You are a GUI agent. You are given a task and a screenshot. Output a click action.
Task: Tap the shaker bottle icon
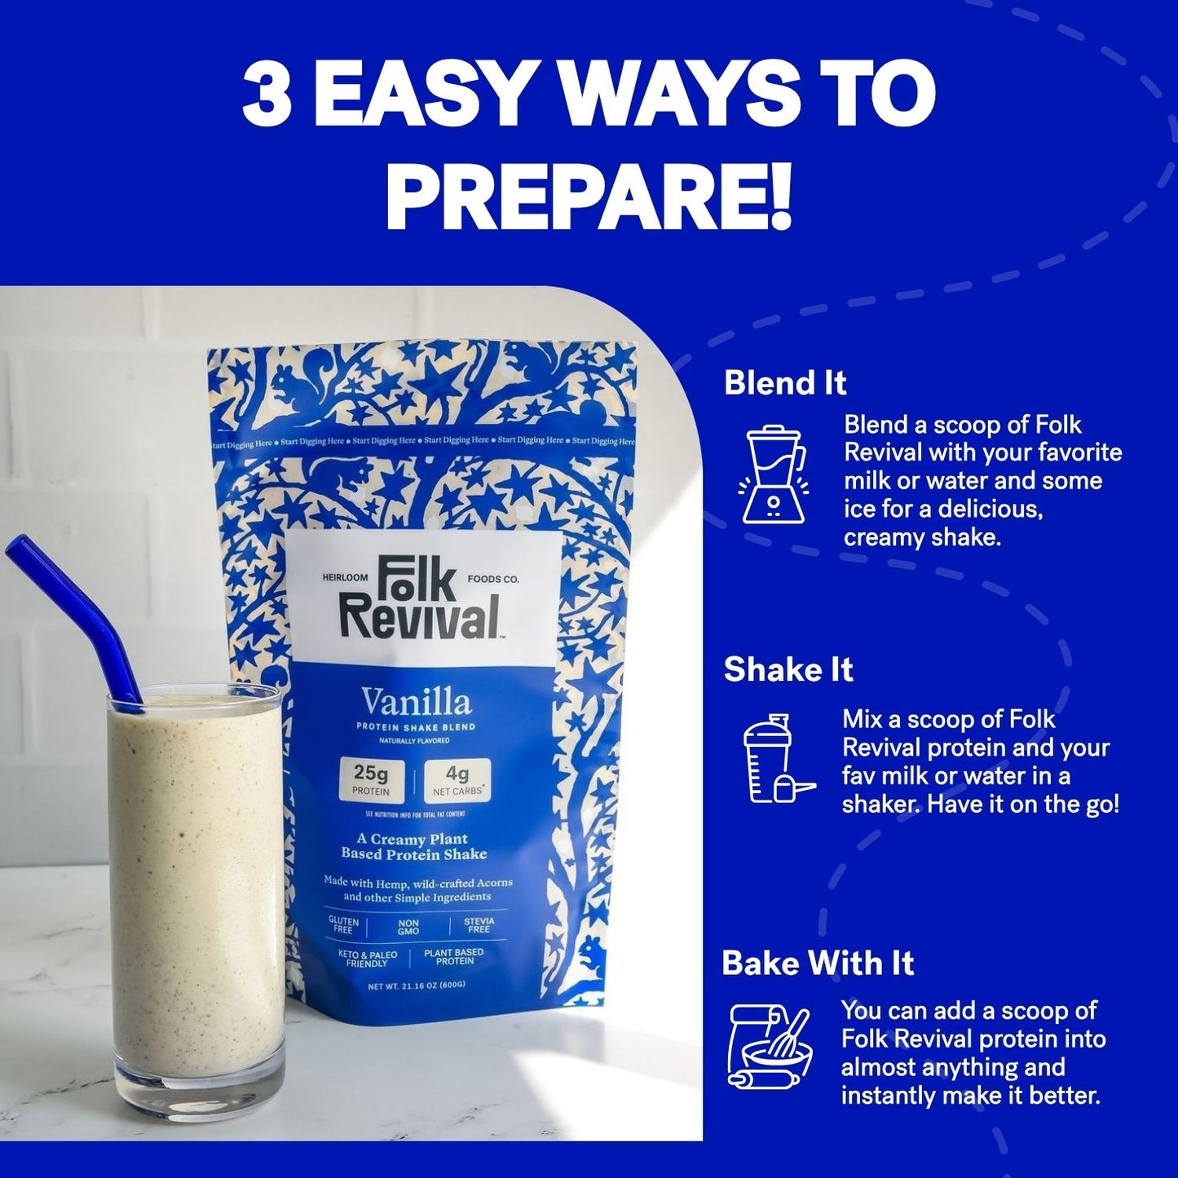[x=775, y=759]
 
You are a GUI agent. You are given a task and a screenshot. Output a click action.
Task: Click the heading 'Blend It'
[x=785, y=383]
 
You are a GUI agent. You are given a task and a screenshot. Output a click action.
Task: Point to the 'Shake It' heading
[x=788, y=669]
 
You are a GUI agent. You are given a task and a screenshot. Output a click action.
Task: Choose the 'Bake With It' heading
[x=818, y=963]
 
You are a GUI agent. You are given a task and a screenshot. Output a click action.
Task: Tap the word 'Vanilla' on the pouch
[x=417, y=703]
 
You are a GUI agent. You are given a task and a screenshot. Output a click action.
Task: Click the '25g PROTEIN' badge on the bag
[x=371, y=779]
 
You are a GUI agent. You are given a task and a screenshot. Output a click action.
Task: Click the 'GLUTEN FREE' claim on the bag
[x=343, y=925]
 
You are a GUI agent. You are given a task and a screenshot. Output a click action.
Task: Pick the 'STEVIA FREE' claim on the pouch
[x=479, y=925]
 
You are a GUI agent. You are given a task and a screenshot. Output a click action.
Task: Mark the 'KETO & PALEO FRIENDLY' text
[x=368, y=958]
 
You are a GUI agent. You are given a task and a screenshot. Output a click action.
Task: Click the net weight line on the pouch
[x=417, y=986]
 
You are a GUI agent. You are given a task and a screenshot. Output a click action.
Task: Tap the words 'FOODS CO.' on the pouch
[x=493, y=579]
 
